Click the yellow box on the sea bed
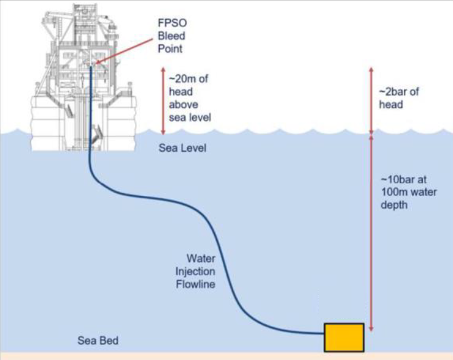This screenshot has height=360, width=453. coord(344,337)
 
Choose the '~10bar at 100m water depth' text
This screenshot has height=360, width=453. coord(406,192)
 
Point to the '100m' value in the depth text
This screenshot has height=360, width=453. coord(393,192)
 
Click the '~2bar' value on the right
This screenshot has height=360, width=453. coord(394,92)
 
